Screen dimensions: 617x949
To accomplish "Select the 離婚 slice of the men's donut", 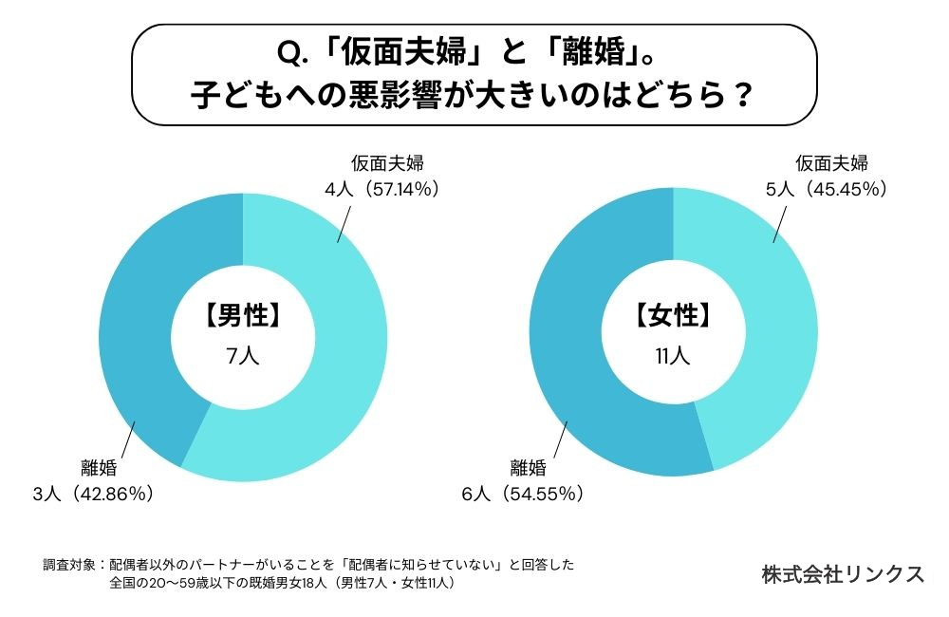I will (142, 313).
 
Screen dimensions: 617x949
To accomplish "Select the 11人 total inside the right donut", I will (673, 357).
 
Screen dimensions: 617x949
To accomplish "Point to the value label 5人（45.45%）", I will (827, 189).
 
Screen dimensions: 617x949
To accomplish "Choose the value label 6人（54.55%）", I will (523, 494).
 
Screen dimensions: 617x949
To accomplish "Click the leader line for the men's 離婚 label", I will (125, 440).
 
